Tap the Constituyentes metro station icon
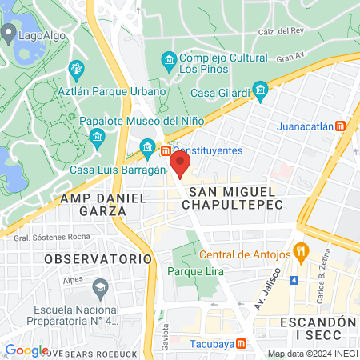165,150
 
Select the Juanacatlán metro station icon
341,126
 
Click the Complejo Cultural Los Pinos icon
168,61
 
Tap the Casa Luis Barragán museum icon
147,146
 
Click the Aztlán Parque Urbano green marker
76,70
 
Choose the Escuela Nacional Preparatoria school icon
101,286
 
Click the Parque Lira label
195,272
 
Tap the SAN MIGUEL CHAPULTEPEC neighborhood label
233,198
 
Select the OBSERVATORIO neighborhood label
98,259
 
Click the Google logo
26,350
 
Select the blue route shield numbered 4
294,280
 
